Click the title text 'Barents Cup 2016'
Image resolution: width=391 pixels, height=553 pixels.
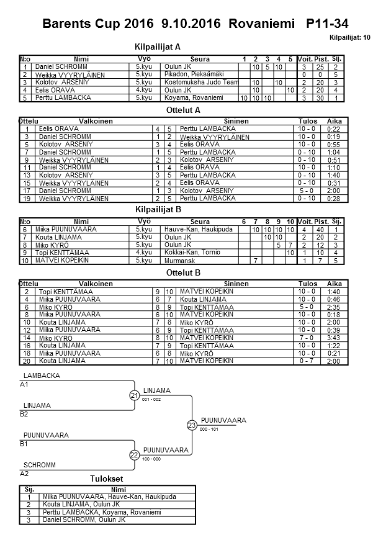tap(98, 24)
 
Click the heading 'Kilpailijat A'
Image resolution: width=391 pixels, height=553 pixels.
tap(158, 47)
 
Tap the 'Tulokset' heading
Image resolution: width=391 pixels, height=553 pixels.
tap(107, 479)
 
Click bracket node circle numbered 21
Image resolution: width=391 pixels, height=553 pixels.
tap(134, 395)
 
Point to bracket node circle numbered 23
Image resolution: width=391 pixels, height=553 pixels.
tap(192, 425)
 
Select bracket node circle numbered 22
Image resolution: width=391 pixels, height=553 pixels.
tap(134, 455)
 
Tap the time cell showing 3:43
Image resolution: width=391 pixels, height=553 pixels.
tap(334, 338)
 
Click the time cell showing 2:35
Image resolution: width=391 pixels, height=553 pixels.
tap(334, 307)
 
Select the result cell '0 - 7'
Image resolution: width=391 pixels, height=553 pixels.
tap(307, 361)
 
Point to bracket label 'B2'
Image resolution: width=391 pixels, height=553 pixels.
tap(24, 413)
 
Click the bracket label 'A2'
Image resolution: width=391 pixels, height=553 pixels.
tap(24, 473)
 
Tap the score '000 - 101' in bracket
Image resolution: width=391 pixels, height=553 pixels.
tap(209, 429)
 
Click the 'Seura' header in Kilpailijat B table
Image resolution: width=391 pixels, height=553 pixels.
tap(200, 222)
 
